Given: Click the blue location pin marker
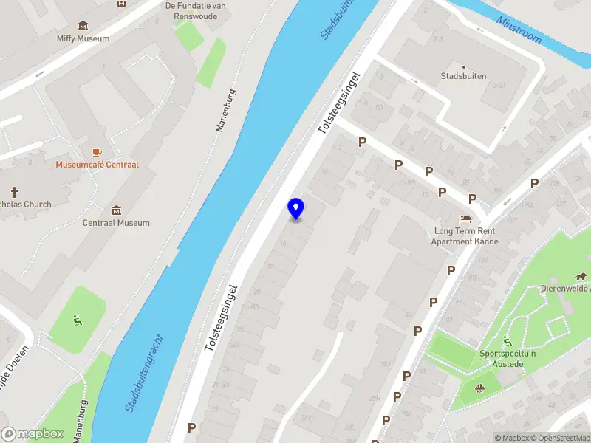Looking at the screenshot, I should coord(295,209).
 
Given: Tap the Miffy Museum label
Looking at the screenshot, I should coord(83,38).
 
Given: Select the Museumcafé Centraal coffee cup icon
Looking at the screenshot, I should coord(97,151).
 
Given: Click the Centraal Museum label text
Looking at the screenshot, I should coord(116,223).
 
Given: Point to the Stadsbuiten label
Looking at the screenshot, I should coord(463,76).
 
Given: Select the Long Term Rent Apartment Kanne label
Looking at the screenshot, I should coord(465,236).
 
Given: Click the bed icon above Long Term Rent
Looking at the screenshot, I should coord(465,219).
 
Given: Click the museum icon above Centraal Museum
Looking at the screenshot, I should coord(116,210).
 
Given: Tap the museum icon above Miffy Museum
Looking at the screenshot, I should coord(83,26).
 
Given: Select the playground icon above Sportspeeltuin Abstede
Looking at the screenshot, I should coord(506,340).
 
